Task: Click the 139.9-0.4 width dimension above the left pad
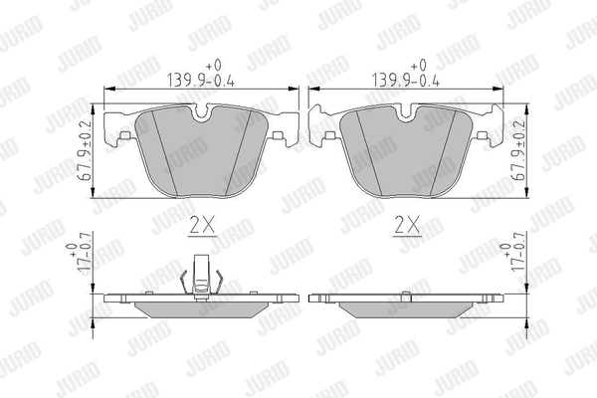click(201, 74)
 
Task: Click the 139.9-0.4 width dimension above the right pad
click(406, 74)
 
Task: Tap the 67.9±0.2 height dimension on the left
click(87, 150)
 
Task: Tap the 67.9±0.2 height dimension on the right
click(519, 150)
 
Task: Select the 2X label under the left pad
click(203, 225)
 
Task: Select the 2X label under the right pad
click(407, 225)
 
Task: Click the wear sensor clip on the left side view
click(201, 276)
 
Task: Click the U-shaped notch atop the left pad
click(201, 113)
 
